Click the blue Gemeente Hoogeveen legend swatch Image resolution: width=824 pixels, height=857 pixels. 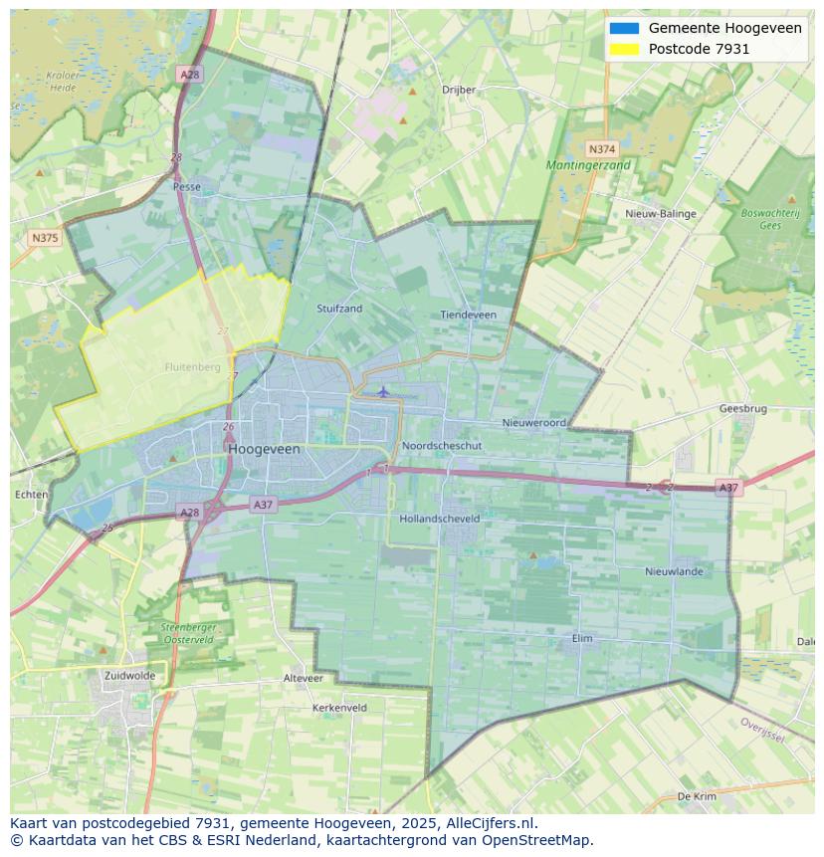click(624, 28)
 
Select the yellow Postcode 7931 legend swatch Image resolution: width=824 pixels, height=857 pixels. click(624, 49)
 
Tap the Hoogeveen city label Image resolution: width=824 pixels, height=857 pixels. click(264, 450)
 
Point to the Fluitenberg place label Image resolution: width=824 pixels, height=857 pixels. click(192, 367)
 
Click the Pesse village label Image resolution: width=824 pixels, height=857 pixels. click(186, 186)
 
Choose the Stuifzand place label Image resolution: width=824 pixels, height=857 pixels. click(339, 309)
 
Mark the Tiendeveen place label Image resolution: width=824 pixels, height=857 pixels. click(468, 315)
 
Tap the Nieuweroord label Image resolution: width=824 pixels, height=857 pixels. click(533, 423)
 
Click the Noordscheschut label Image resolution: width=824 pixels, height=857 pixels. click(442, 446)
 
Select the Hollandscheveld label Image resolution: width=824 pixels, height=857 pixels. click(439, 519)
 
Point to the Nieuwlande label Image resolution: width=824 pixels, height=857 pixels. click(674, 571)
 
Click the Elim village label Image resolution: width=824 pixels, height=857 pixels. click(582, 638)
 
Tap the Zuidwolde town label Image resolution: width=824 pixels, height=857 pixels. click(129, 675)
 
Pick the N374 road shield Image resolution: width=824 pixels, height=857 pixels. click(601, 147)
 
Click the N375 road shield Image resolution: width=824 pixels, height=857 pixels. click(45, 238)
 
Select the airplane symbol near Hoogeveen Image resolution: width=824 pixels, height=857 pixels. click(383, 391)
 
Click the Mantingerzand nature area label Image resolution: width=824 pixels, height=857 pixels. click(587, 164)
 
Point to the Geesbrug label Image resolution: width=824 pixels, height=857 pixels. click(742, 409)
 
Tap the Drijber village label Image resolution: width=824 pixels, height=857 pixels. click(459, 90)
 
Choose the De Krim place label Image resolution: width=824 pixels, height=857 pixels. click(697, 796)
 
